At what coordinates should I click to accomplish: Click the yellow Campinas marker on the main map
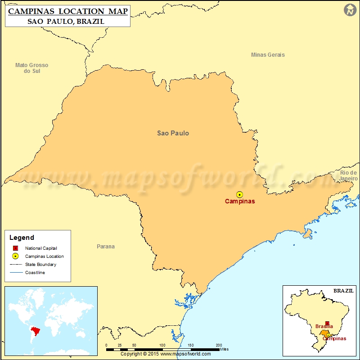click(x=239, y=194)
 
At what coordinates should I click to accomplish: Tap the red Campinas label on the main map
click(x=240, y=201)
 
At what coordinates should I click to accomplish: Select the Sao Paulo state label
click(x=173, y=133)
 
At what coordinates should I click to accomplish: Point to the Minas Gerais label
click(x=268, y=55)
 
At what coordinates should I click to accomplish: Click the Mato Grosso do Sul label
click(x=31, y=68)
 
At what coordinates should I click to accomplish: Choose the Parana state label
click(x=106, y=246)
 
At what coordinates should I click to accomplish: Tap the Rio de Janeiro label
click(x=348, y=175)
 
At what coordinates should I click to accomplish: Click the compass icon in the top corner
click(x=350, y=9)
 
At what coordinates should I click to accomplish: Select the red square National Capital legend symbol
click(x=15, y=248)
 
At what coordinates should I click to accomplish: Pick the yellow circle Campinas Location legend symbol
click(x=15, y=256)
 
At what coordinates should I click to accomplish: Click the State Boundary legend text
click(x=40, y=265)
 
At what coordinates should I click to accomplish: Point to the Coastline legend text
click(x=35, y=273)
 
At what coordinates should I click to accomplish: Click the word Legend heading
click(x=22, y=238)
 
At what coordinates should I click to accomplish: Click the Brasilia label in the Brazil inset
click(x=324, y=326)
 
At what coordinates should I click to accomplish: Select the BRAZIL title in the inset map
click(x=343, y=291)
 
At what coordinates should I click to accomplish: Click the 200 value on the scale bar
click(x=219, y=345)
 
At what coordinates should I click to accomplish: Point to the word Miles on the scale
click(x=225, y=349)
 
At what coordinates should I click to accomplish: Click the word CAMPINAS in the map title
click(x=34, y=11)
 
